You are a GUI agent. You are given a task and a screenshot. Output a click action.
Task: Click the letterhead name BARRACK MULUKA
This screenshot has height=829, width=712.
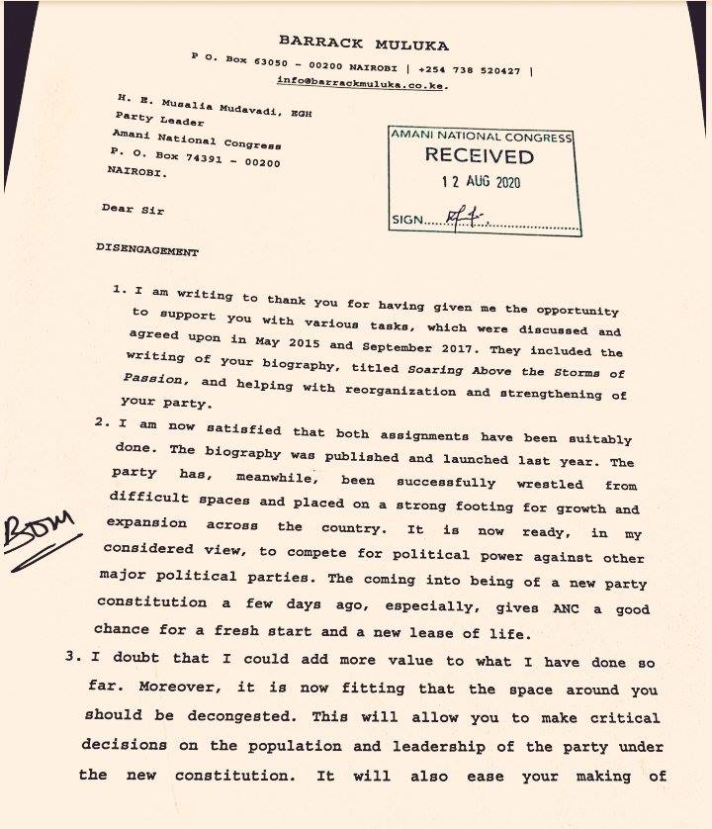click(x=363, y=44)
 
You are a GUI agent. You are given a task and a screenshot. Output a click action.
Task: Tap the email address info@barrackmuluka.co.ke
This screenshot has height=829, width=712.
click(x=362, y=84)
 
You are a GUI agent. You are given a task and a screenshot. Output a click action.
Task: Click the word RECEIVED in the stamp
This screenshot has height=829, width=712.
click(x=479, y=155)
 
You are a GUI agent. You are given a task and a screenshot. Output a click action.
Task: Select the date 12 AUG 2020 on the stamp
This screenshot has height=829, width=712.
click(x=480, y=182)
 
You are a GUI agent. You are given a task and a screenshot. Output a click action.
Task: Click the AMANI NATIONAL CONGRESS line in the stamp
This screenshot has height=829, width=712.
click(x=481, y=136)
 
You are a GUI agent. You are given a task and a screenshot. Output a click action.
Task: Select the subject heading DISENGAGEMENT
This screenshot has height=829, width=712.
click(x=147, y=250)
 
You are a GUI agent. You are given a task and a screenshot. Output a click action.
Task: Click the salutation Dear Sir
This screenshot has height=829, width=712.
click(x=133, y=209)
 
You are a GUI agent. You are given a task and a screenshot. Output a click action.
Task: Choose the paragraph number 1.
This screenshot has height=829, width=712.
click(x=118, y=292)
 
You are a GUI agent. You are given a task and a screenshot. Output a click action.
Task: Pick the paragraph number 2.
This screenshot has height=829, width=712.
click(x=101, y=422)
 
